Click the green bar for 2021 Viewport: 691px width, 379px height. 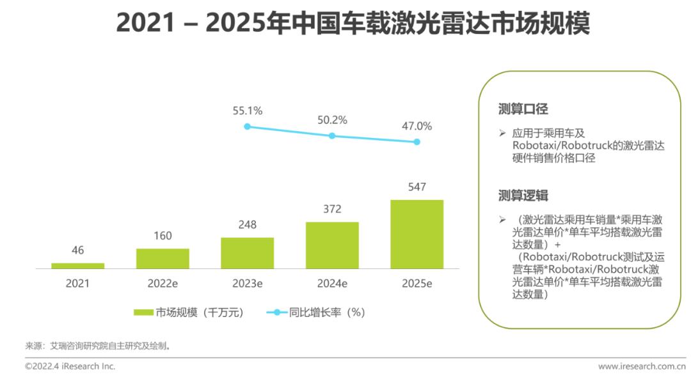point(78,265)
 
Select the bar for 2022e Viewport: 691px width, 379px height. point(163,258)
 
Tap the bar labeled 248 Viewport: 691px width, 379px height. point(247,253)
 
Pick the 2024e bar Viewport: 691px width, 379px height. point(332,245)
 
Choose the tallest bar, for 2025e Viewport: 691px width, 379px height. point(417,234)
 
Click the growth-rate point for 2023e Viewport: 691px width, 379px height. point(247,127)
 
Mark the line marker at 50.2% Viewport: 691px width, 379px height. point(332,135)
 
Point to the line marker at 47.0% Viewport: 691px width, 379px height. point(417,142)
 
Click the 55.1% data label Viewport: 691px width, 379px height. point(248,111)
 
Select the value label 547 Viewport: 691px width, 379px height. point(417,187)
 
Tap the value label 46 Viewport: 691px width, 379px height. point(78,250)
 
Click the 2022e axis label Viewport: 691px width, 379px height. point(163,283)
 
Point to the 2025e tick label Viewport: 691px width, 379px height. point(417,283)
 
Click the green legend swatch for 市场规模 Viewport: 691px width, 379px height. point(143,313)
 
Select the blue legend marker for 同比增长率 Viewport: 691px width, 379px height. point(277,313)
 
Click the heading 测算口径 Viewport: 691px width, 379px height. point(523,109)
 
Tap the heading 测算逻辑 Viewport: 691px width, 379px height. point(523,196)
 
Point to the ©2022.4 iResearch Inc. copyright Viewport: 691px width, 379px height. point(70,366)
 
